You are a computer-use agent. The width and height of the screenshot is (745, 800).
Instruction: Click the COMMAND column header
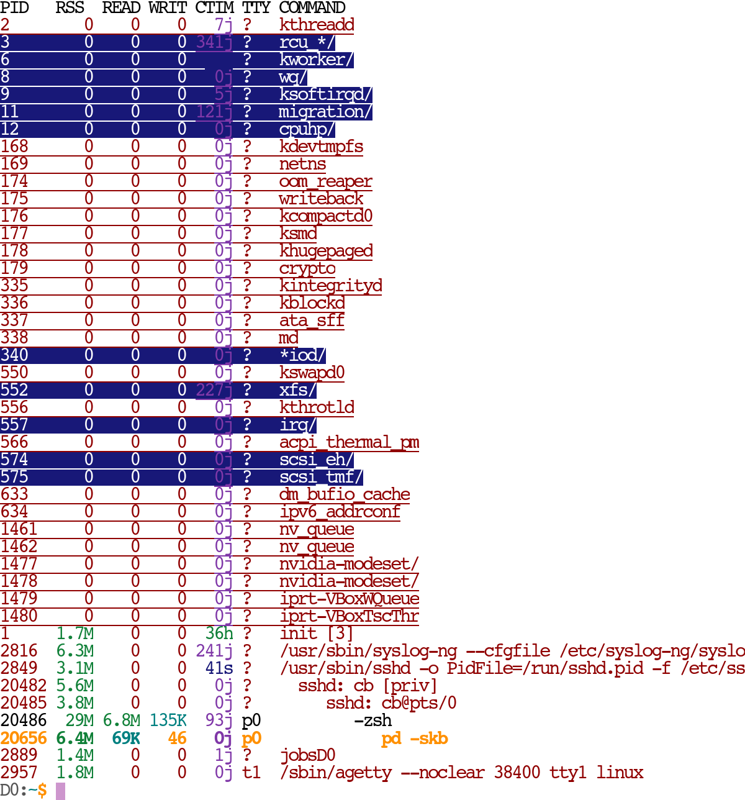pos(312,8)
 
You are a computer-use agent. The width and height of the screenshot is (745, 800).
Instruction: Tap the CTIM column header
pos(214,8)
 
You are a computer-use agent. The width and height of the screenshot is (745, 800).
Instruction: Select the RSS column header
pos(70,8)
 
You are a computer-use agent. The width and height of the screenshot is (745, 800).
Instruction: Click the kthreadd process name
pos(317,25)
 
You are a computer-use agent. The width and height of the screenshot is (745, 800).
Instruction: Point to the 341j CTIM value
pos(214,42)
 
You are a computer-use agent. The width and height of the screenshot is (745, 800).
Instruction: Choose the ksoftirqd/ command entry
pos(325,94)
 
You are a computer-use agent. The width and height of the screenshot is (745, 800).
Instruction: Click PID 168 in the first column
pos(14,147)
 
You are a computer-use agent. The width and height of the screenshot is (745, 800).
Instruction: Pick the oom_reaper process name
pos(325,181)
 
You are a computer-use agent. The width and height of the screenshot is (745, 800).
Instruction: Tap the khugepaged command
pos(326,251)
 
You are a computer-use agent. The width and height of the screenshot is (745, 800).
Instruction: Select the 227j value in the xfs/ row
pos(214,390)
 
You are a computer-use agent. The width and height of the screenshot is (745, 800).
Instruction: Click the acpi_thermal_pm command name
pos(349,442)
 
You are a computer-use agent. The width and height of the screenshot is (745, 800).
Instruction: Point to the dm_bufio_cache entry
pos(345,494)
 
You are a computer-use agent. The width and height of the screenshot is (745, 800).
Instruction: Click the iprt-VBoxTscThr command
pos(349,616)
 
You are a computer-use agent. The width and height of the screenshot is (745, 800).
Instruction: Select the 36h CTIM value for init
pos(219,634)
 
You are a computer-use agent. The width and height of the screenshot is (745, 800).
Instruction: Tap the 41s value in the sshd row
pos(219,668)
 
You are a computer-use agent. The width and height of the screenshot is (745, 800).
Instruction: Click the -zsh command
pos(372,720)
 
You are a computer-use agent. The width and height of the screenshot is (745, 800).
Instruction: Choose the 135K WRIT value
pos(168,720)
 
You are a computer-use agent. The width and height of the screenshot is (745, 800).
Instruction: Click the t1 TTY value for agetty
pos(251,773)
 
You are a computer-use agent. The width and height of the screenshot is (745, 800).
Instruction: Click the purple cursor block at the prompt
pos(60,791)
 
